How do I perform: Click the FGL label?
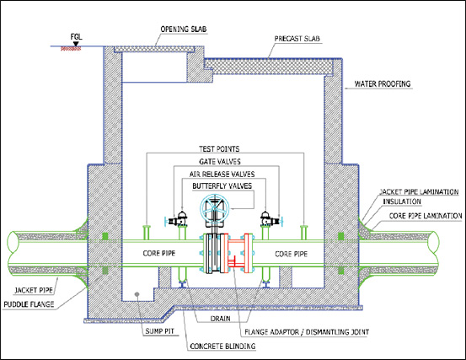(76, 37)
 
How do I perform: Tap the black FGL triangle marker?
(76, 44)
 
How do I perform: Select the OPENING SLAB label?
(184, 30)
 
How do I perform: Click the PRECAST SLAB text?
(297, 39)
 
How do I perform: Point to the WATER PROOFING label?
(383, 83)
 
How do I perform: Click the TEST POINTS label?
(219, 149)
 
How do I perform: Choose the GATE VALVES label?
(220, 161)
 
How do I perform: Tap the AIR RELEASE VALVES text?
(222, 174)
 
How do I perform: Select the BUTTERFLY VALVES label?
(222, 186)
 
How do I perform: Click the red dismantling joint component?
(238, 253)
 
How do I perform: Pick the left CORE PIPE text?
(159, 253)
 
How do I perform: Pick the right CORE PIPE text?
(292, 254)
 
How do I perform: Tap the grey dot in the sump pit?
(137, 294)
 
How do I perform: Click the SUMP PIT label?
(159, 331)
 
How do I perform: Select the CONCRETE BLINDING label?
(222, 347)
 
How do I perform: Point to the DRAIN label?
(220, 319)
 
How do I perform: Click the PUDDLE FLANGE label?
(29, 304)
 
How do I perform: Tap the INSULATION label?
(402, 201)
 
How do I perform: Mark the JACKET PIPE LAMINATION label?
(419, 191)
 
